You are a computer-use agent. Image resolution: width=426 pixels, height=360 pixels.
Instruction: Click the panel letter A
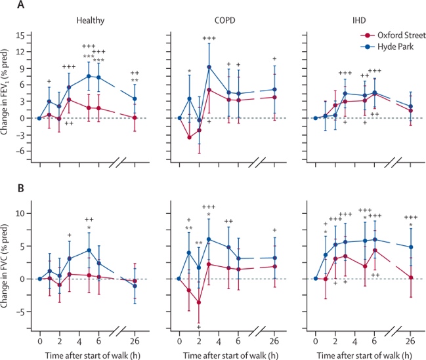[6, 6]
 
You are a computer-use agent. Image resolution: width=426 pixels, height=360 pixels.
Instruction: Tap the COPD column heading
[226, 20]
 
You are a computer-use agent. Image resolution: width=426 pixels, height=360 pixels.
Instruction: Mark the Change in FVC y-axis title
[9, 262]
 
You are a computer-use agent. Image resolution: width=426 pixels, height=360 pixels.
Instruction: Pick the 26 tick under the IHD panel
[410, 340]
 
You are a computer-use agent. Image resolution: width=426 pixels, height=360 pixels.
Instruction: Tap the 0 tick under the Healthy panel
[39, 340]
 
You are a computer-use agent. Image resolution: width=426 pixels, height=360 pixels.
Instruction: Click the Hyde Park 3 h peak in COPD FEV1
[209, 67]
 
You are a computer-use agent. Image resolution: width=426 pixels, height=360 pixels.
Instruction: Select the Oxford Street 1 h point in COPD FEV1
[189, 137]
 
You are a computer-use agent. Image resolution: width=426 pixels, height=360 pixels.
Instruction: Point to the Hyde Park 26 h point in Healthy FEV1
[135, 99]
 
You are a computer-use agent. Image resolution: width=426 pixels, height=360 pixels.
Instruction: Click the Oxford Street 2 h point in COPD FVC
[199, 302]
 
